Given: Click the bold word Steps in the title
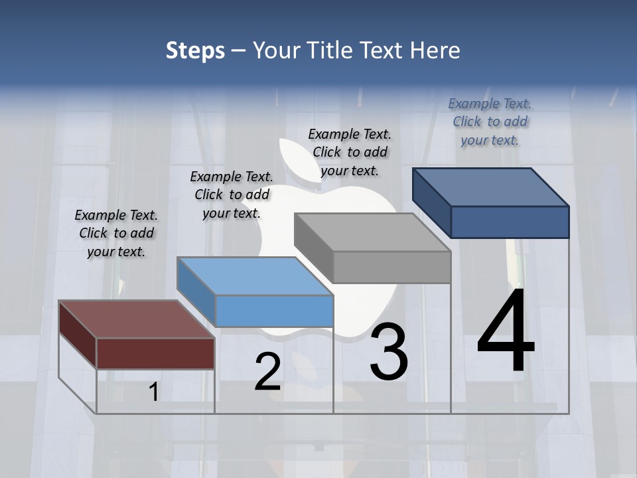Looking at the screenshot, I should click(195, 50).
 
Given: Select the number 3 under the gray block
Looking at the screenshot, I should click(388, 351).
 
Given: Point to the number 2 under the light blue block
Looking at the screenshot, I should click(267, 372).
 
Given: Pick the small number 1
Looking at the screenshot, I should click(153, 392).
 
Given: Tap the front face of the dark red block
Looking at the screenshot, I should click(156, 353).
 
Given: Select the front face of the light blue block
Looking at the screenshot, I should click(275, 311).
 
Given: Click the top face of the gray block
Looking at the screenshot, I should click(372, 232).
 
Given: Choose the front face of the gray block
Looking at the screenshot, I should click(392, 267).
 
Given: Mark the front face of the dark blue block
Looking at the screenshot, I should click(510, 222).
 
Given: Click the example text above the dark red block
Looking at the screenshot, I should click(116, 234).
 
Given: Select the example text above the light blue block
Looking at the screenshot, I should click(232, 195).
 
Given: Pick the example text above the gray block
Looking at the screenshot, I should click(350, 152).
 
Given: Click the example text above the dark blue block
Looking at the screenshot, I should click(490, 121).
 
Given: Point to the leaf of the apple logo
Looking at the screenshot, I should click(292, 159).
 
